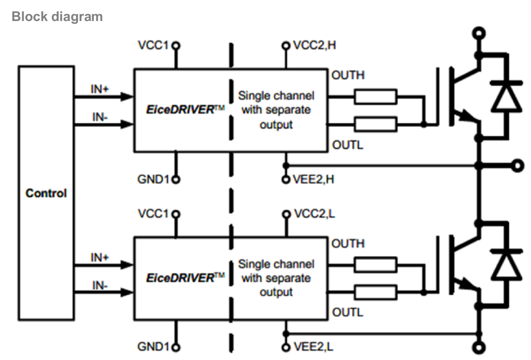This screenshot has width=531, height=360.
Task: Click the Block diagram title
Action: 57,16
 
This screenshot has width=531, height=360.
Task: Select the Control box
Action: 46,192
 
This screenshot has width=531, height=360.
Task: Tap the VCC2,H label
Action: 315,45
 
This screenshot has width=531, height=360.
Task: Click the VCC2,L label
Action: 314,214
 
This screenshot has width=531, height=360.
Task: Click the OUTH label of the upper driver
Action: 348,75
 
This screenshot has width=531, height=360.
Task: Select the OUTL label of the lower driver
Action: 347,313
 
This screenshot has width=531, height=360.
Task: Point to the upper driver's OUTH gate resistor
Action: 375,97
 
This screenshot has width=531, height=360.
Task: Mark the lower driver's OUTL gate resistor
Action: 375,293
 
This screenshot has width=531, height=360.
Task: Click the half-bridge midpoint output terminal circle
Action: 518,165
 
